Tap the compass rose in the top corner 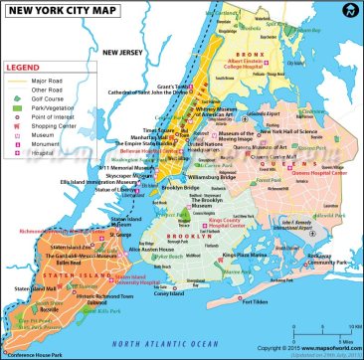[x=349, y=12]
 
